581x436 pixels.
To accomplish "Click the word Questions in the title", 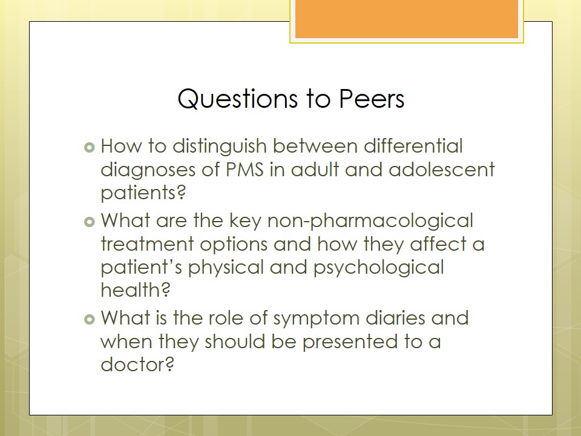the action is point(237,99).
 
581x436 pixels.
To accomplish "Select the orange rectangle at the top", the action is point(407,19).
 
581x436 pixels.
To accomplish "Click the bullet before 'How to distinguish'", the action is point(90,148).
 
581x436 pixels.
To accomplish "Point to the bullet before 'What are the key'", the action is point(90,222).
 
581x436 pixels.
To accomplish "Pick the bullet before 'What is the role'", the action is point(90,319).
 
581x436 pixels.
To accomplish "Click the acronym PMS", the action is point(245,170).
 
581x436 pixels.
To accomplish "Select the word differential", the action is point(413,146).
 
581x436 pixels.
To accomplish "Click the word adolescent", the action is point(442,170).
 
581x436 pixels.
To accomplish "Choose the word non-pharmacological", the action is point(370,222).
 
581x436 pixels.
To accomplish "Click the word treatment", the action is point(147,244).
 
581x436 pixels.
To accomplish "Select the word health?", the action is point(135,289).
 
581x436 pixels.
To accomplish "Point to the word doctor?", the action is point(137,364).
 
